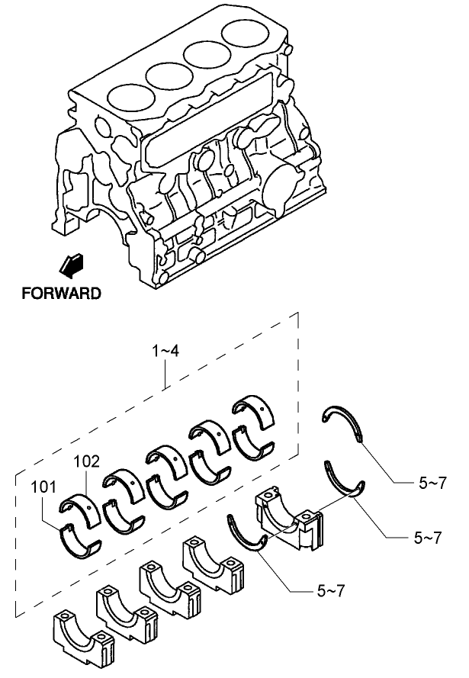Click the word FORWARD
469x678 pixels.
click(x=61, y=292)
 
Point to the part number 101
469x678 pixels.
click(x=44, y=486)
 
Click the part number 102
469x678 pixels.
click(x=87, y=461)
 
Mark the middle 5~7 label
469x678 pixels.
click(x=428, y=538)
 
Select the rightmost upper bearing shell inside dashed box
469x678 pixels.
click(x=261, y=410)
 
